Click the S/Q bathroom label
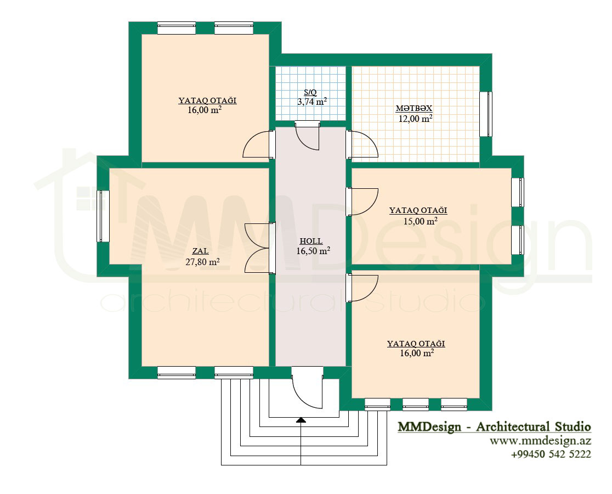click(x=310, y=93)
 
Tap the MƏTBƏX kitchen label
click(x=414, y=108)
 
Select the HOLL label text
click(x=311, y=241)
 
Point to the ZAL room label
click(x=200, y=251)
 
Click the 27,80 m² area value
click(x=202, y=261)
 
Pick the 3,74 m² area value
click(x=312, y=102)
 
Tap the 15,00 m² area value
click(x=420, y=221)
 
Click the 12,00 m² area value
click(x=415, y=119)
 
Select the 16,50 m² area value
click(x=313, y=251)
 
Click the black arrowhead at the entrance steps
click(x=301, y=420)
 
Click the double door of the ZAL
click(x=260, y=248)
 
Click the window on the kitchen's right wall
click(x=485, y=114)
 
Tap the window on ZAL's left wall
click(x=103, y=216)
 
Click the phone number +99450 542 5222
click(x=551, y=454)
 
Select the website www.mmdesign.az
click(x=541, y=441)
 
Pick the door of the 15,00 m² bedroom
click(x=362, y=202)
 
